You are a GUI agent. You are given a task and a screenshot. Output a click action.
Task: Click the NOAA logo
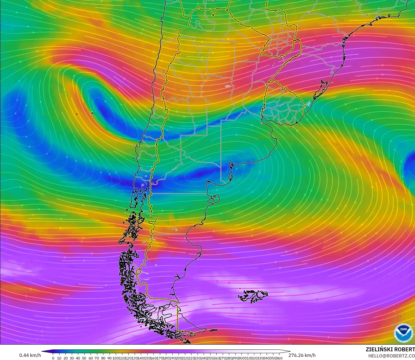(403, 332)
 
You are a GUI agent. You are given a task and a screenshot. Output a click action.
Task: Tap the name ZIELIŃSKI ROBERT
(390, 349)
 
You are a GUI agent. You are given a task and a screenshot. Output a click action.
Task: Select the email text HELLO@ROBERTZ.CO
(391, 356)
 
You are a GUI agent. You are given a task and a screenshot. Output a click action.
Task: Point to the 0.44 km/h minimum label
(30, 355)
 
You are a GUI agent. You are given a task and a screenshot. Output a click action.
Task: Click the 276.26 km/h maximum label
(302, 355)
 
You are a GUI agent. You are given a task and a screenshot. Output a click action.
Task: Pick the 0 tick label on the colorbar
(53, 358)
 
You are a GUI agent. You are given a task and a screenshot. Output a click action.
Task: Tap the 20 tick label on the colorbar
(66, 358)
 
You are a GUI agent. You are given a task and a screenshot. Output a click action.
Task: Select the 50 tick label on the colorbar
(84, 358)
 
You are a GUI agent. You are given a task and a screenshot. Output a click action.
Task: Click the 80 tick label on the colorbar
(103, 358)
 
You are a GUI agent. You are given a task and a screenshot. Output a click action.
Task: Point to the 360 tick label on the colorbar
(279, 358)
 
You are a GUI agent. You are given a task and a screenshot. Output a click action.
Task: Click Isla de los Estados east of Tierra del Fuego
(213, 330)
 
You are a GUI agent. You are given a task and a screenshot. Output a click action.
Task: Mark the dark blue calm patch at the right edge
(410, 165)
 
